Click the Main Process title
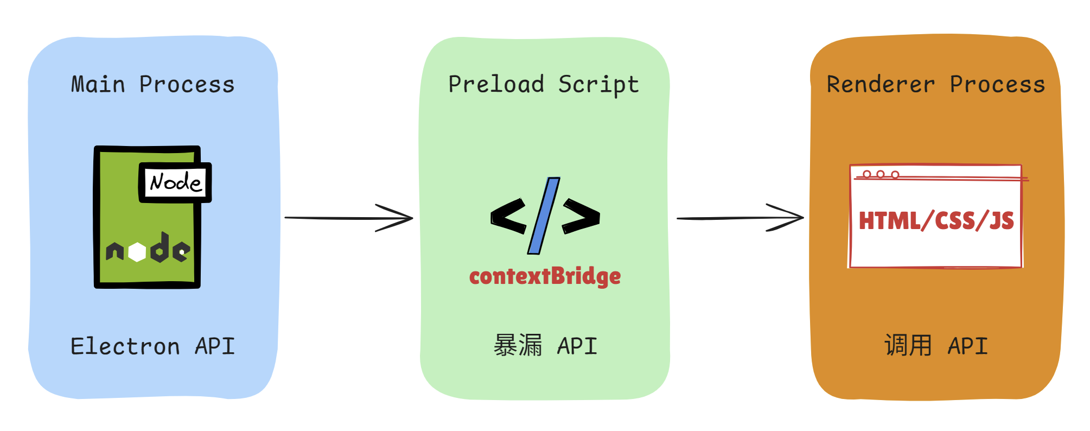click(153, 85)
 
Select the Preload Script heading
click(544, 85)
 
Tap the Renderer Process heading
click(936, 85)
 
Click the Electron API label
click(153, 346)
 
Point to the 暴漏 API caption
click(545, 346)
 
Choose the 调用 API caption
click(936, 346)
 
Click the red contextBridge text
click(545, 276)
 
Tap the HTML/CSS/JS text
click(936, 221)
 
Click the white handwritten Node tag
click(175, 182)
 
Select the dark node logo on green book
click(148, 249)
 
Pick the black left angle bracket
click(508, 216)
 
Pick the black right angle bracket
click(581, 216)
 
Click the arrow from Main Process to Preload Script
click(349, 218)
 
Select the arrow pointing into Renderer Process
click(740, 218)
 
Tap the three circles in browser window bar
click(881, 174)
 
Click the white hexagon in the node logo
click(137, 252)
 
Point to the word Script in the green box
click(599, 85)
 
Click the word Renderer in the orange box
click(881, 85)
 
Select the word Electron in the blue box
click(125, 346)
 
